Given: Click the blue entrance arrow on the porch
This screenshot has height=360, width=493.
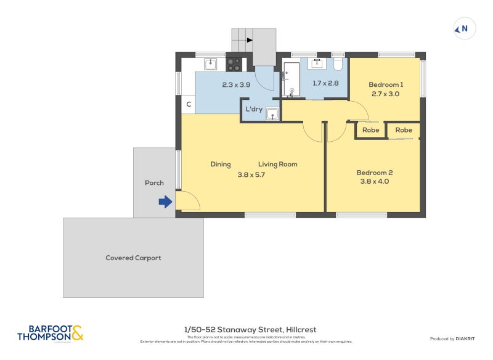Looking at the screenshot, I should tap(165, 202).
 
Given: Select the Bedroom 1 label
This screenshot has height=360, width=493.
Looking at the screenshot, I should tap(386, 84).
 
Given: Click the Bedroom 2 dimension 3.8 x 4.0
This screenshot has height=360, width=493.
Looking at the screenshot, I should tap(375, 181).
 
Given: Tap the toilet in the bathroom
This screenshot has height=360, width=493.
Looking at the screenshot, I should tap(338, 65).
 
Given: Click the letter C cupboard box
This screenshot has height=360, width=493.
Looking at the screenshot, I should tap(189, 105).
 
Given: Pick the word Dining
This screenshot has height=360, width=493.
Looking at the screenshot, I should tap(221, 164).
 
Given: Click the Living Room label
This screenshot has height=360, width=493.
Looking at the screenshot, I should tap(277, 164).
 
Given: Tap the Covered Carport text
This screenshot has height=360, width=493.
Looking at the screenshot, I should tap(133, 258).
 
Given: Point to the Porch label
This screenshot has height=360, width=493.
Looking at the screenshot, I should tap(154, 182).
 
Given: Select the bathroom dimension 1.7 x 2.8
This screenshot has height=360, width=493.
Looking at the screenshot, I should tap(325, 83).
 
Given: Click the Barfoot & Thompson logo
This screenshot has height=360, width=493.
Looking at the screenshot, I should tap(50, 333).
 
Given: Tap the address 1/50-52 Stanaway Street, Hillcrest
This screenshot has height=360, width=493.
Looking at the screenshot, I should tap(250, 330).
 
